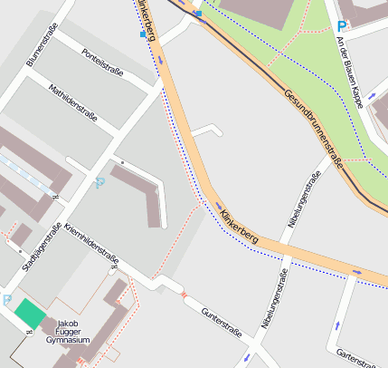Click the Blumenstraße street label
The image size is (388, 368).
pos(43,46)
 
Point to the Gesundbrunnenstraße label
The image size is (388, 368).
pos(314,130)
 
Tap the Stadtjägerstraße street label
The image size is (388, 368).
pos(42,247)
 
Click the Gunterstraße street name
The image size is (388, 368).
pos(222,323)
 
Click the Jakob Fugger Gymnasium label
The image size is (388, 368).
pos(68,332)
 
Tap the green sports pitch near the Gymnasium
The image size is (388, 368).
pos(29,315)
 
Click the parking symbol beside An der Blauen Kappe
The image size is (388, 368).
pos(341,26)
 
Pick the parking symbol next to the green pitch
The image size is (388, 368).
pos(7,299)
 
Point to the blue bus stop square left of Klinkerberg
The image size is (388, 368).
pos(142,34)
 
